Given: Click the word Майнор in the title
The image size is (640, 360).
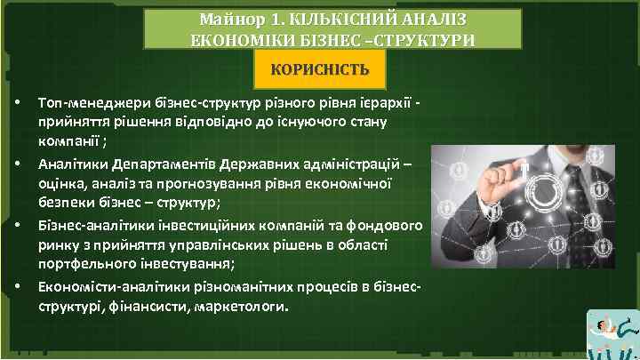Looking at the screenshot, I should [x=228, y=18].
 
